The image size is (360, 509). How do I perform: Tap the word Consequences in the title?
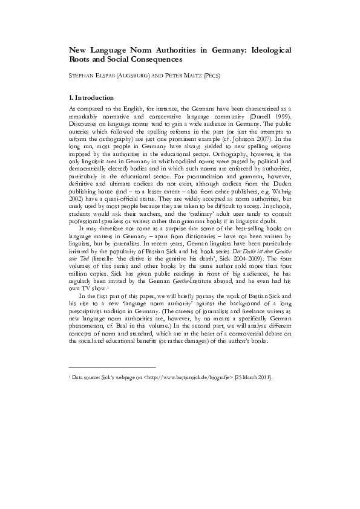tap(154, 60)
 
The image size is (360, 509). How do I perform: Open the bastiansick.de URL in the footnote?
tap(182, 376)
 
